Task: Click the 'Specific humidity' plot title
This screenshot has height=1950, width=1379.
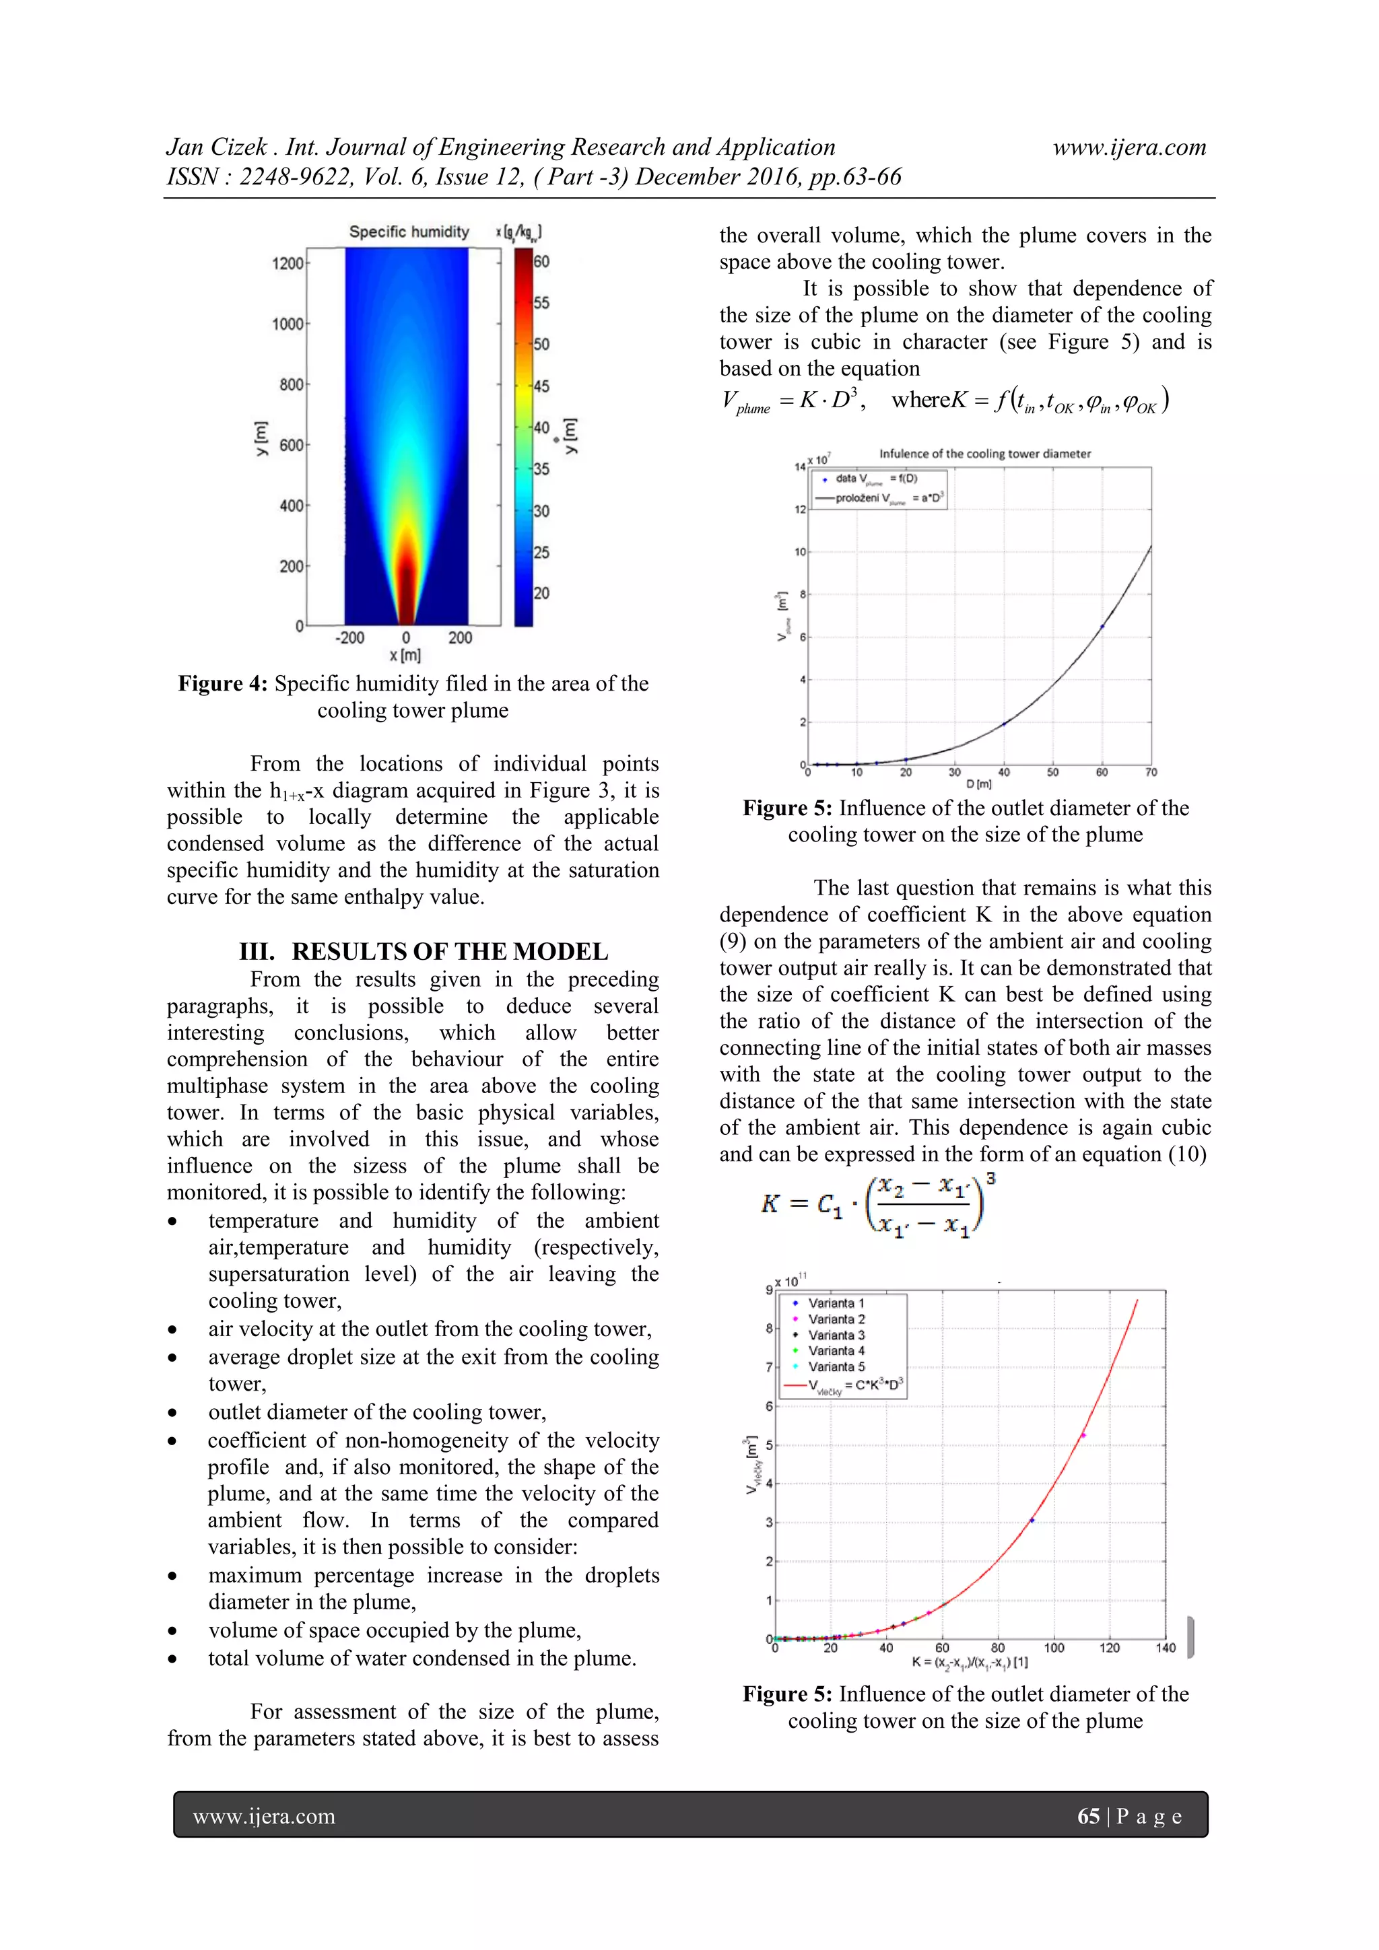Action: coord(409,232)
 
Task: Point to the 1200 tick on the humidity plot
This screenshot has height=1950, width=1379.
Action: coord(288,263)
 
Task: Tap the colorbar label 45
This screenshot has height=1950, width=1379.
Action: coord(541,386)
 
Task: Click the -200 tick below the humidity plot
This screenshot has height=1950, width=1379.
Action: coord(349,638)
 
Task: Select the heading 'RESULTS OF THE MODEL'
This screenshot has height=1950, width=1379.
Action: coord(450,951)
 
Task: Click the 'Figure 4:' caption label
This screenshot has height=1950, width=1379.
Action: coord(223,684)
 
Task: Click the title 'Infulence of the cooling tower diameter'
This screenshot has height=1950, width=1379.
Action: coord(984,454)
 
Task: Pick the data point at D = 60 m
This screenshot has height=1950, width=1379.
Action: coord(1102,627)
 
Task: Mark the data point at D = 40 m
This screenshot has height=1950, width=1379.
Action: coord(1003,724)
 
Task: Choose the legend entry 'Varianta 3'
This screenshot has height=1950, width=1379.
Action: coord(836,1335)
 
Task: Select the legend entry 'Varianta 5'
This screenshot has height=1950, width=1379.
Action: coord(836,1366)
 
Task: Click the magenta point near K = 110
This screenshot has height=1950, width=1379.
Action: coord(1083,1435)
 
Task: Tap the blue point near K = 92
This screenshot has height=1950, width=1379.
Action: coord(1032,1521)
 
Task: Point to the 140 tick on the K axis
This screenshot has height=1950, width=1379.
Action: coord(1165,1648)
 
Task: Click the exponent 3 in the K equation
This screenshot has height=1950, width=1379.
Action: coord(990,1179)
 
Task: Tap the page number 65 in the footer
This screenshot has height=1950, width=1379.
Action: coord(1088,1816)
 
